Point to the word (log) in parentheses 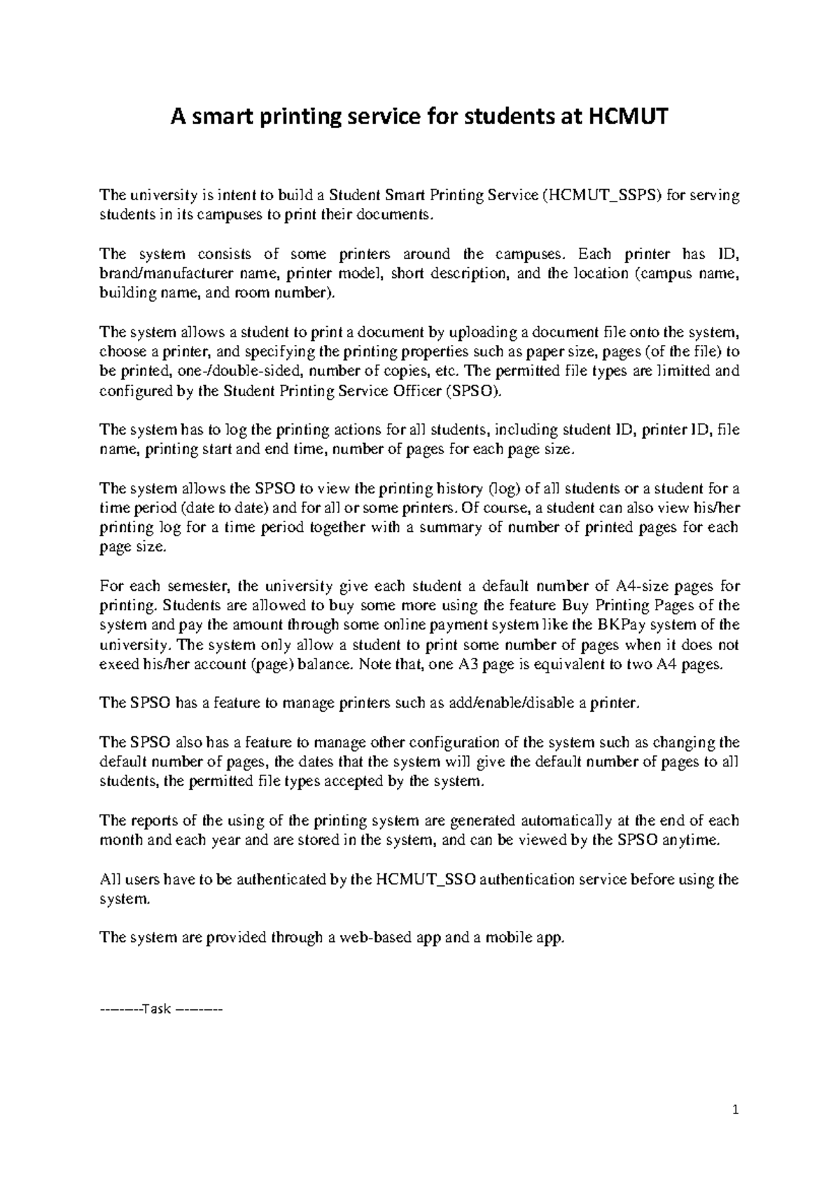(x=503, y=488)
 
